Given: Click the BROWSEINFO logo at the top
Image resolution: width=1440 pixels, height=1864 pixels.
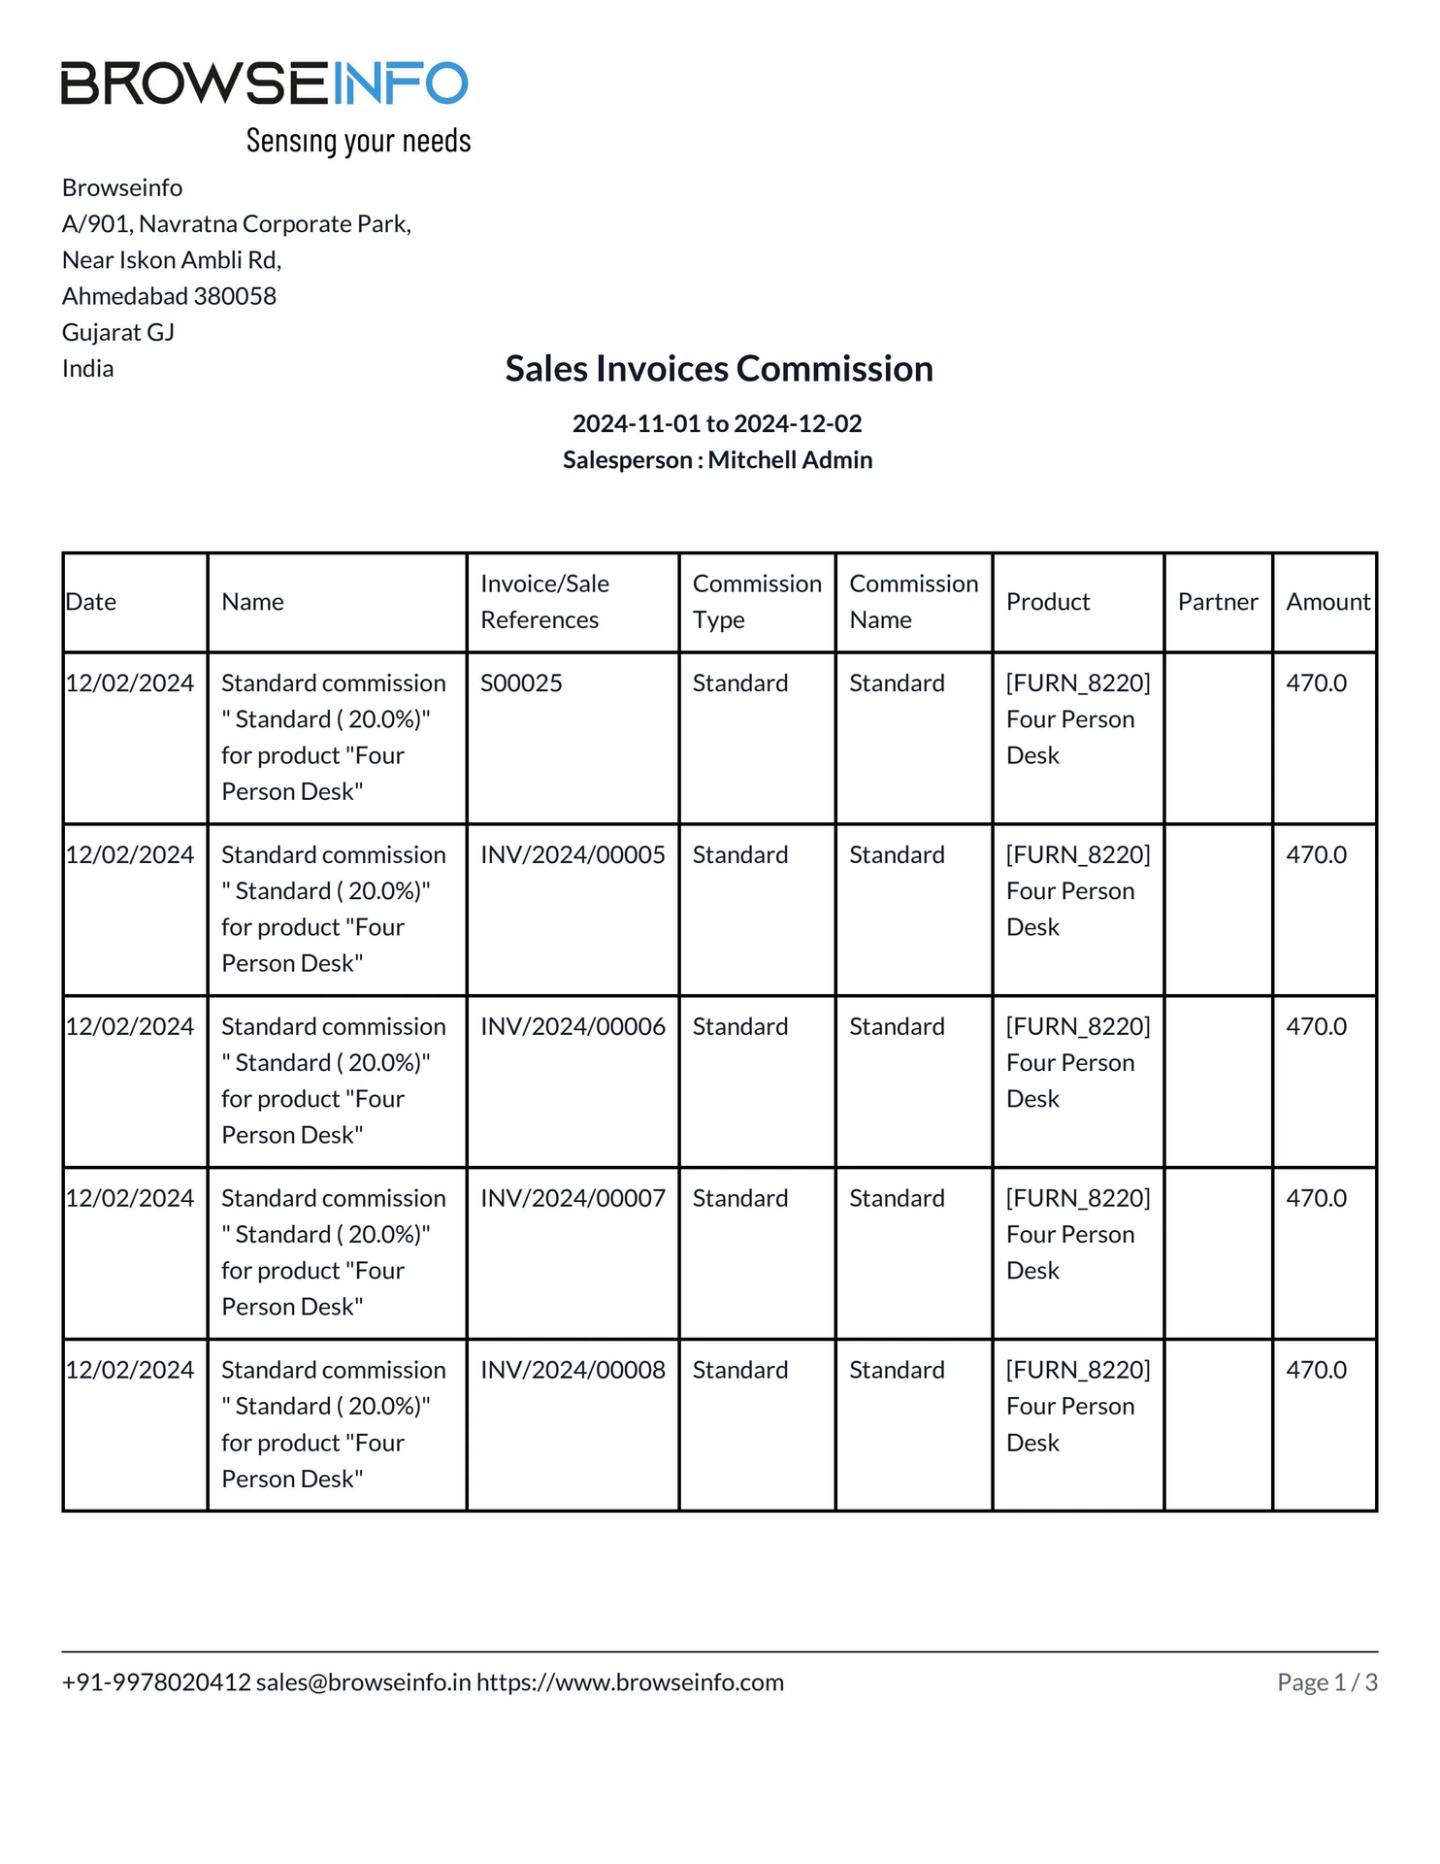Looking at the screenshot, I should [264, 83].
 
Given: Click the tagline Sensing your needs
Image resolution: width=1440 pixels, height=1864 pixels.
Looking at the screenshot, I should [358, 142].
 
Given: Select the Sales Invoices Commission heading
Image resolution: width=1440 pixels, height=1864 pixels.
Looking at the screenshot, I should [719, 369].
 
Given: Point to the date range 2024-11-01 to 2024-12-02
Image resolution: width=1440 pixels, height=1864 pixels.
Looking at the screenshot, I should [717, 423].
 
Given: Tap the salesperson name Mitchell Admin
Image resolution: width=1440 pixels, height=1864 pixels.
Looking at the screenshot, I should [790, 460].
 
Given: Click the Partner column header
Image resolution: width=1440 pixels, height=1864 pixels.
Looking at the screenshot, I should [1218, 602].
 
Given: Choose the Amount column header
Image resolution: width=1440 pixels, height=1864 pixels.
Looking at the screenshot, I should [1327, 602].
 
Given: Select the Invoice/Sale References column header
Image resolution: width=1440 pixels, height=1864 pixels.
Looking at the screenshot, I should [544, 602].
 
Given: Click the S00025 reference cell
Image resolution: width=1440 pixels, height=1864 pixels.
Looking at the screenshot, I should [521, 683].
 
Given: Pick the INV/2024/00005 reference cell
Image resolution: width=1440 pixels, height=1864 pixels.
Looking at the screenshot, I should [573, 855].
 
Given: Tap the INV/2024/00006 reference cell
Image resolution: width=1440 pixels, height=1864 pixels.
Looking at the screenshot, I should [573, 1027].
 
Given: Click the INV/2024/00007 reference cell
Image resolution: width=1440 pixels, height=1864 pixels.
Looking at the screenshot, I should [573, 1199].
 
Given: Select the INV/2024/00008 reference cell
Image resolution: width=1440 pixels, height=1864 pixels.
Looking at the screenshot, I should [573, 1371].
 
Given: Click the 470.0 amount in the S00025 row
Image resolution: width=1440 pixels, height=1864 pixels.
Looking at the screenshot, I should [1316, 683].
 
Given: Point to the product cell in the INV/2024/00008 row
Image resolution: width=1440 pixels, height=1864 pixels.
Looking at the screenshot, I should [1077, 1407].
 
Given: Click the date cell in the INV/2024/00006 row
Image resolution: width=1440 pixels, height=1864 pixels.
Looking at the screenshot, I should [130, 1027].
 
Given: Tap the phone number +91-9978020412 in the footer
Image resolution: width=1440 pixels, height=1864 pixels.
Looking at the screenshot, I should [156, 1682].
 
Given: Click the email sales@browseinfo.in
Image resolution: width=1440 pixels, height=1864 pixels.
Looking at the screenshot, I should [363, 1682].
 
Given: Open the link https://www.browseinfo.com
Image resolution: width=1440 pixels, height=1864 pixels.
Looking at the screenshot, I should [630, 1682].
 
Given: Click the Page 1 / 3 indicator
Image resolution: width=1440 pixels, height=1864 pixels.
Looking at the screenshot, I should [1326, 1682].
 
